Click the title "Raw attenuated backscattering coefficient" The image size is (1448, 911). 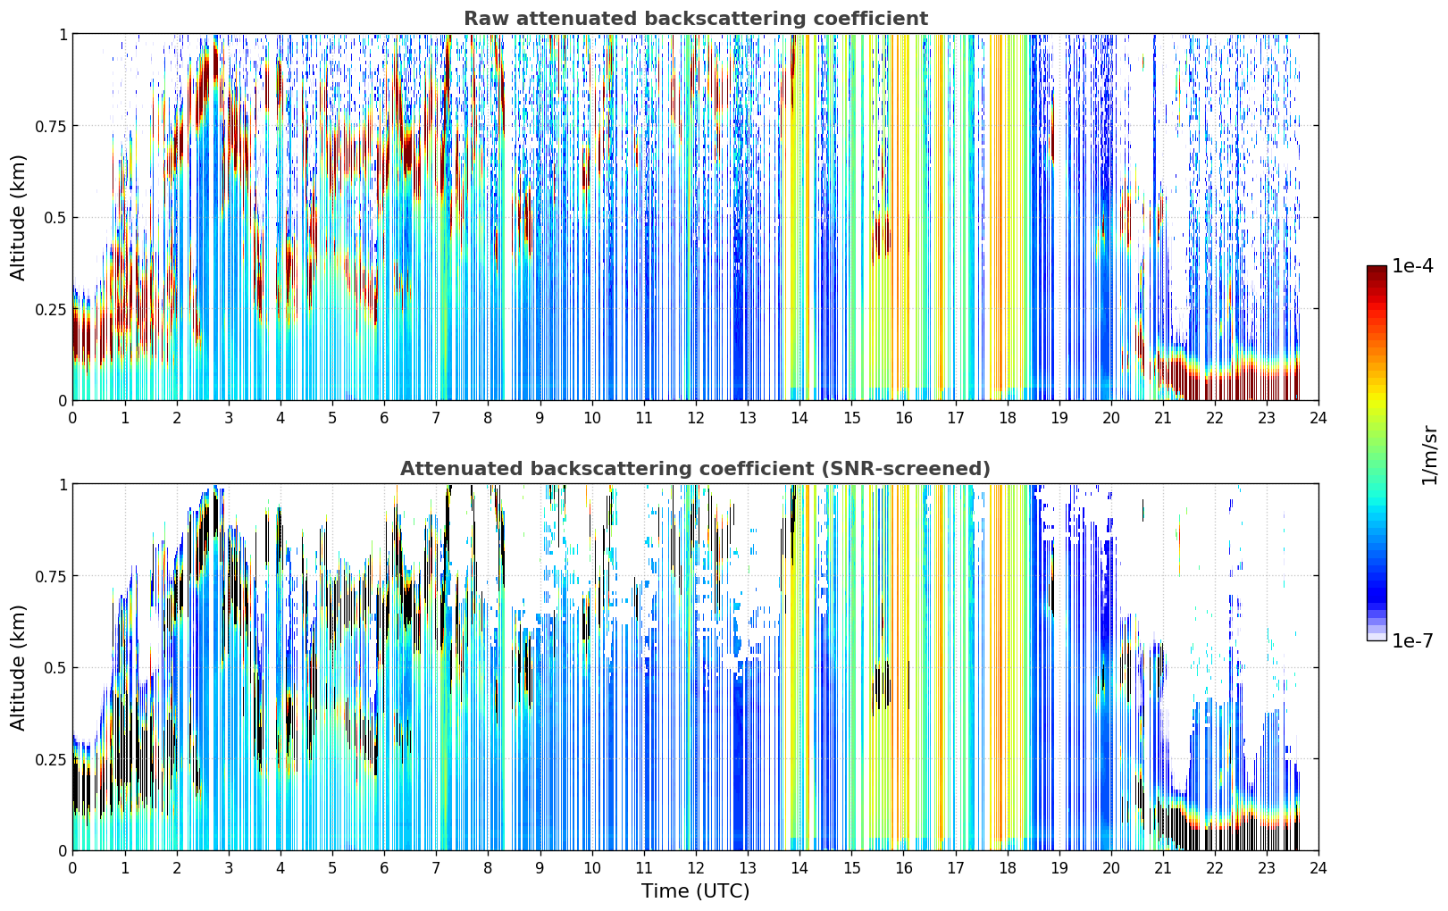696,18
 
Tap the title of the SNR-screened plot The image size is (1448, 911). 696,468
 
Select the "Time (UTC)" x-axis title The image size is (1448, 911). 696,891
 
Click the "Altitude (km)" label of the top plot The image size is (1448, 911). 18,217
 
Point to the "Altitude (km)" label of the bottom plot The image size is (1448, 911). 18,667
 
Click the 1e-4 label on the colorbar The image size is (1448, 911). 1412,265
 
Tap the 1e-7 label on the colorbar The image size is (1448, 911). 1412,641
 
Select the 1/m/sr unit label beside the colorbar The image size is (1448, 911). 1429,455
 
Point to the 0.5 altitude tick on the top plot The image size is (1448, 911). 54,218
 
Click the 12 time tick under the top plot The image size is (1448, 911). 696,417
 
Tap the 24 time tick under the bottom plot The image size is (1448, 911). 1318,868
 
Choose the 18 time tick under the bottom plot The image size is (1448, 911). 1007,868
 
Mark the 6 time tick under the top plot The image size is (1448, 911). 384,417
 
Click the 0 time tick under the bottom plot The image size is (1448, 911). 72,868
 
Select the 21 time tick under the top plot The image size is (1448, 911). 1163,417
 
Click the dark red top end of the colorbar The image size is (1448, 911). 1377,269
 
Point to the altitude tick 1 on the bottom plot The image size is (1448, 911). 63,484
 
